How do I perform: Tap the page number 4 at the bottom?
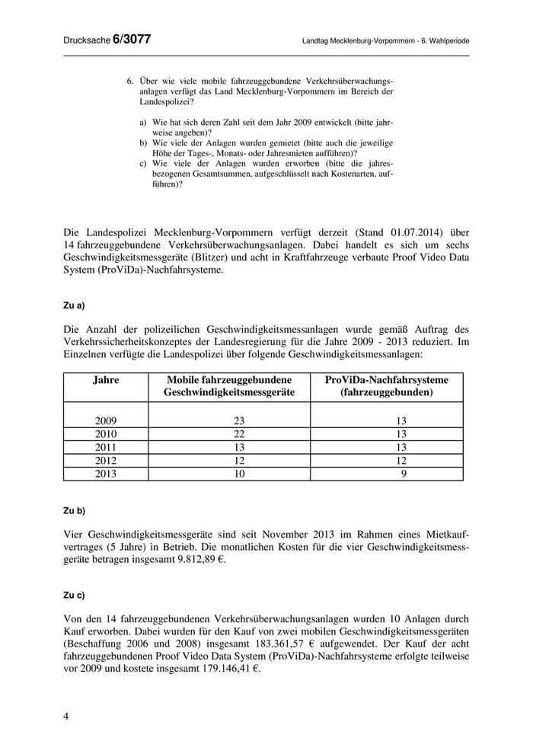click(66, 717)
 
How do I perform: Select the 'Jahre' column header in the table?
click(106, 380)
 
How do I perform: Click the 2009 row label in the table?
click(106, 421)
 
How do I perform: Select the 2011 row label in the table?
click(106, 447)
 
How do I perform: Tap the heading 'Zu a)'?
click(74, 305)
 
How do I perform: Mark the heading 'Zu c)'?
click(74, 594)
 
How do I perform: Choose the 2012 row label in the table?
click(106, 460)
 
